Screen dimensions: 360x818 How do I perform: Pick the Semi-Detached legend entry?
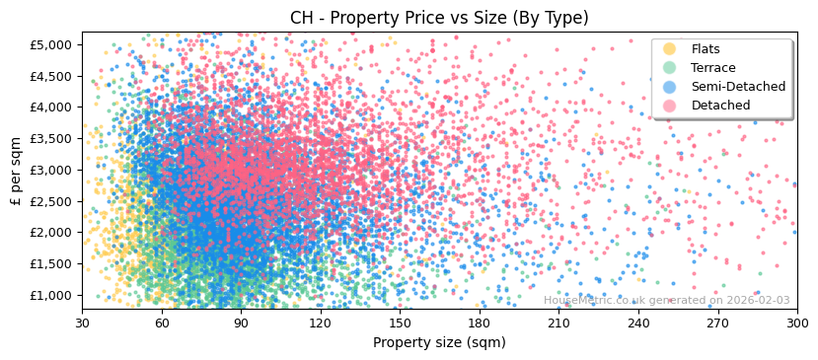click(738, 87)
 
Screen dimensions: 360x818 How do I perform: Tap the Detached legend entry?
click(721, 106)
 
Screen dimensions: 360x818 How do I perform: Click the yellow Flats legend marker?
click(669, 49)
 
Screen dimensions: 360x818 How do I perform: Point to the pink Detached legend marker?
click(669, 106)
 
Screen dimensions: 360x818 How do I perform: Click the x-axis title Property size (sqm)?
click(439, 343)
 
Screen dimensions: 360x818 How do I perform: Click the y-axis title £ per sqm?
click(16, 171)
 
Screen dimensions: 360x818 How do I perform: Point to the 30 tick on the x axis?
click(83, 323)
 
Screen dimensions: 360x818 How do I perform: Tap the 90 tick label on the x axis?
click(242, 323)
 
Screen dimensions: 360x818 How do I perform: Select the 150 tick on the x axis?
click(401, 323)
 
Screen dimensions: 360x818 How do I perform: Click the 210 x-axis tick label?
click(559, 323)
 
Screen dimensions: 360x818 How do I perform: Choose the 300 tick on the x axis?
click(797, 323)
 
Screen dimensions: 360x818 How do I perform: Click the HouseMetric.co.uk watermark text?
click(666, 301)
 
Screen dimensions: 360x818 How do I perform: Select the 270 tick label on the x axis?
click(718, 323)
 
